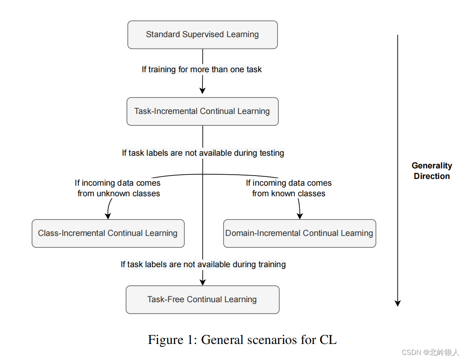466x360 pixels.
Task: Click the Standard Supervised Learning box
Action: point(202,35)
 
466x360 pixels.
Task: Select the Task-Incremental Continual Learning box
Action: point(202,111)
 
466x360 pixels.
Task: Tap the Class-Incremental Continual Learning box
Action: point(108,233)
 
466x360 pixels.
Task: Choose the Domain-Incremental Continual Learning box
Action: point(299,233)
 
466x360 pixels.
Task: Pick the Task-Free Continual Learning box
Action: point(202,300)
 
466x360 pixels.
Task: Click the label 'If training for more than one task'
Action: point(202,69)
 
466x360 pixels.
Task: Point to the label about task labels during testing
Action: point(203,153)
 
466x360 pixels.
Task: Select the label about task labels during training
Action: point(203,265)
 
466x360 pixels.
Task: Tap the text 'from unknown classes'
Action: point(119,194)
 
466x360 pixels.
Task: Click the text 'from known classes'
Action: point(289,194)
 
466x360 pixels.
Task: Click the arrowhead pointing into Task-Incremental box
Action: point(202,90)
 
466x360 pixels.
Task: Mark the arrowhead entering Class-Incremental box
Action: point(108,216)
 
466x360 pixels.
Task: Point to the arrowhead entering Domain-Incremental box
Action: point(300,216)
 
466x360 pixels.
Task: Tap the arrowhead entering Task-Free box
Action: point(203,282)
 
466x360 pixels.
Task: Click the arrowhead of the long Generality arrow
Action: point(397,303)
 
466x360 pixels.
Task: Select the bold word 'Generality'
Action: point(432,166)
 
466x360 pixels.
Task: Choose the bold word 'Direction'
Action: point(432,176)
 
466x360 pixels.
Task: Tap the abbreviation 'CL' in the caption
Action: point(328,340)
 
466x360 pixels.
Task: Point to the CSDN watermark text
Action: point(430,352)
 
